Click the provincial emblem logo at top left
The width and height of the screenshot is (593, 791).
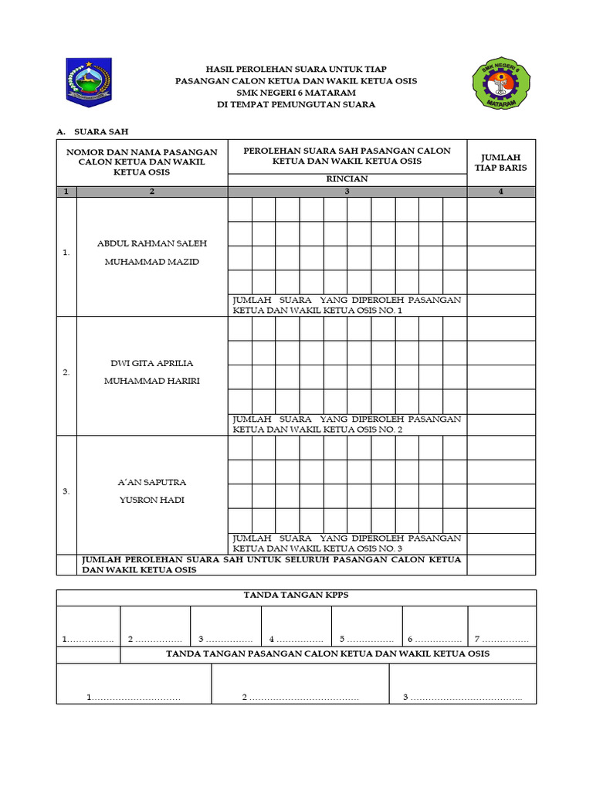pyautogui.click(x=89, y=82)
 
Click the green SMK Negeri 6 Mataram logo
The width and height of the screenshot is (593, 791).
pyautogui.click(x=503, y=83)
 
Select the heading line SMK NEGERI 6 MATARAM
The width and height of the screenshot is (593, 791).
pyautogui.click(x=296, y=93)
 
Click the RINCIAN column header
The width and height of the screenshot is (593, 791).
pyautogui.click(x=347, y=178)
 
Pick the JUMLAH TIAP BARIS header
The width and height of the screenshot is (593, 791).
pyautogui.click(x=501, y=162)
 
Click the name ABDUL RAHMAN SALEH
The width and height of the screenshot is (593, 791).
pyautogui.click(x=152, y=243)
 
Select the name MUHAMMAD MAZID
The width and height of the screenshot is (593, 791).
pyautogui.click(x=152, y=262)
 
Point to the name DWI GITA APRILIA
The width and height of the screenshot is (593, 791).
pyautogui.click(x=152, y=363)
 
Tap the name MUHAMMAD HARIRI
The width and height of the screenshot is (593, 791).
pyautogui.click(x=152, y=381)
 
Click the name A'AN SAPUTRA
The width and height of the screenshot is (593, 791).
pyautogui.click(x=152, y=482)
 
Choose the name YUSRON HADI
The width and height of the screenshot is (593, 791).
pyautogui.click(x=152, y=500)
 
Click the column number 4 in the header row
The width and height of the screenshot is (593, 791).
pyautogui.click(x=501, y=192)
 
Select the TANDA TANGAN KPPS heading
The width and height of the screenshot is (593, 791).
pyautogui.click(x=296, y=595)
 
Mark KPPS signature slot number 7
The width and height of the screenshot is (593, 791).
pyautogui.click(x=501, y=640)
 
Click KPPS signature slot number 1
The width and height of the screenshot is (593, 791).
pyautogui.click(x=88, y=640)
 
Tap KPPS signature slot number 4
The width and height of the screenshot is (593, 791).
pyautogui.click(x=296, y=640)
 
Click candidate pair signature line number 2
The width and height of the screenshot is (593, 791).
pyautogui.click(x=300, y=698)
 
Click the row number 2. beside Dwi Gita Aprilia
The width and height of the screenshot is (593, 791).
pyautogui.click(x=66, y=372)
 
